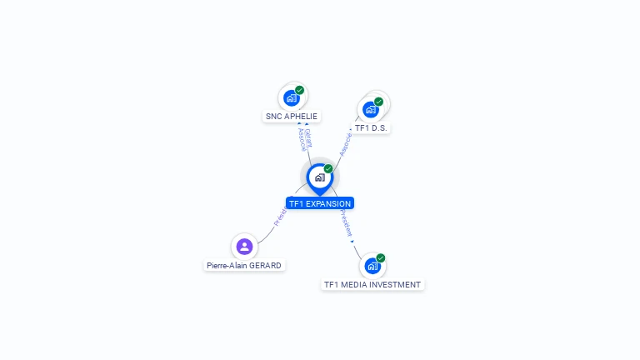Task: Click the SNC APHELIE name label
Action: click(291, 117)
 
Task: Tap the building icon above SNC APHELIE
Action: click(292, 97)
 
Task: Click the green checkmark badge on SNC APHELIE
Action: click(300, 90)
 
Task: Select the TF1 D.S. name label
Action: click(372, 128)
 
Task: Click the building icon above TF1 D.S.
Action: click(371, 109)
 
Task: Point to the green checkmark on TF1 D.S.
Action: click(379, 102)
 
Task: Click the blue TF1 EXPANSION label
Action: click(319, 203)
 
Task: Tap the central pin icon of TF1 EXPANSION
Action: click(319, 177)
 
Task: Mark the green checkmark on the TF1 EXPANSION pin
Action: click(328, 169)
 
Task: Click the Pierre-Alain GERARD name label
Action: click(244, 266)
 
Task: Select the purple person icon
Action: click(244, 247)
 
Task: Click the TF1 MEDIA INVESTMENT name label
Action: click(372, 285)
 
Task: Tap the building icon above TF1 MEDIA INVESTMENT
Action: click(372, 266)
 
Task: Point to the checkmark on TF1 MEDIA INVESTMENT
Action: click(381, 258)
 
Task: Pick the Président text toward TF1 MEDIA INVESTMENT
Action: click(346, 222)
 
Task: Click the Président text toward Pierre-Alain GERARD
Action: click(280, 217)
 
